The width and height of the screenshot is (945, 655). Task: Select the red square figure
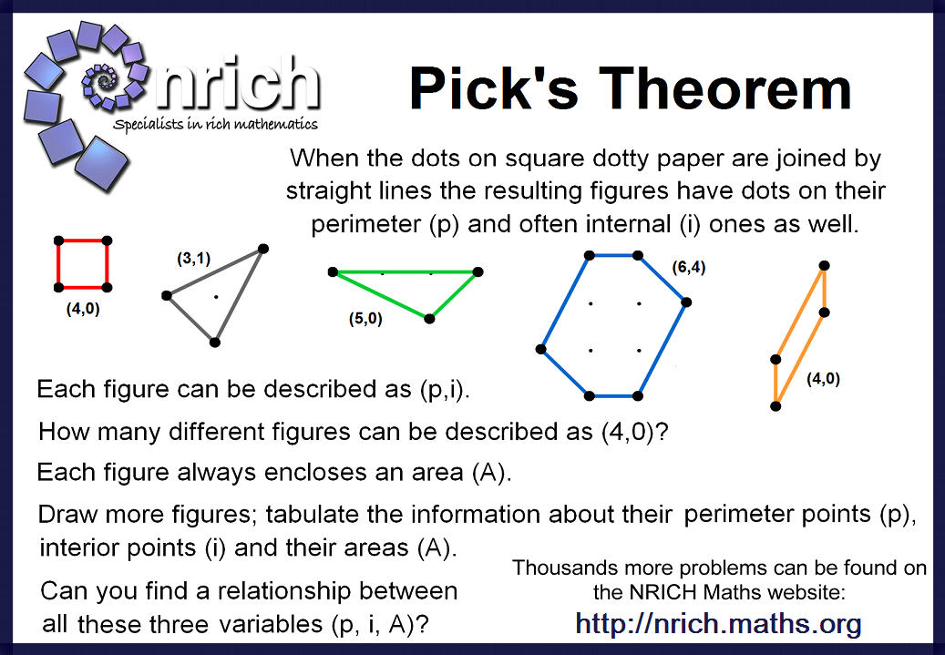point(83,263)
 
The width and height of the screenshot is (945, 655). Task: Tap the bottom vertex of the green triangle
point(429,318)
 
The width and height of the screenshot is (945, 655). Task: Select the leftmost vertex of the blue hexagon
point(541,348)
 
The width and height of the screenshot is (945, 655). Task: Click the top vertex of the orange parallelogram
point(824,265)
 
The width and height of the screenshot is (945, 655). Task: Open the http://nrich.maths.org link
point(718,624)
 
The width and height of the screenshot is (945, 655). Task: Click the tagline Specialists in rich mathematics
point(215,123)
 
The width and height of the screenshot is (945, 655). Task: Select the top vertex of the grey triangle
point(263,248)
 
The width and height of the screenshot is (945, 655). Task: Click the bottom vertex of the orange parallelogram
point(776,405)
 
